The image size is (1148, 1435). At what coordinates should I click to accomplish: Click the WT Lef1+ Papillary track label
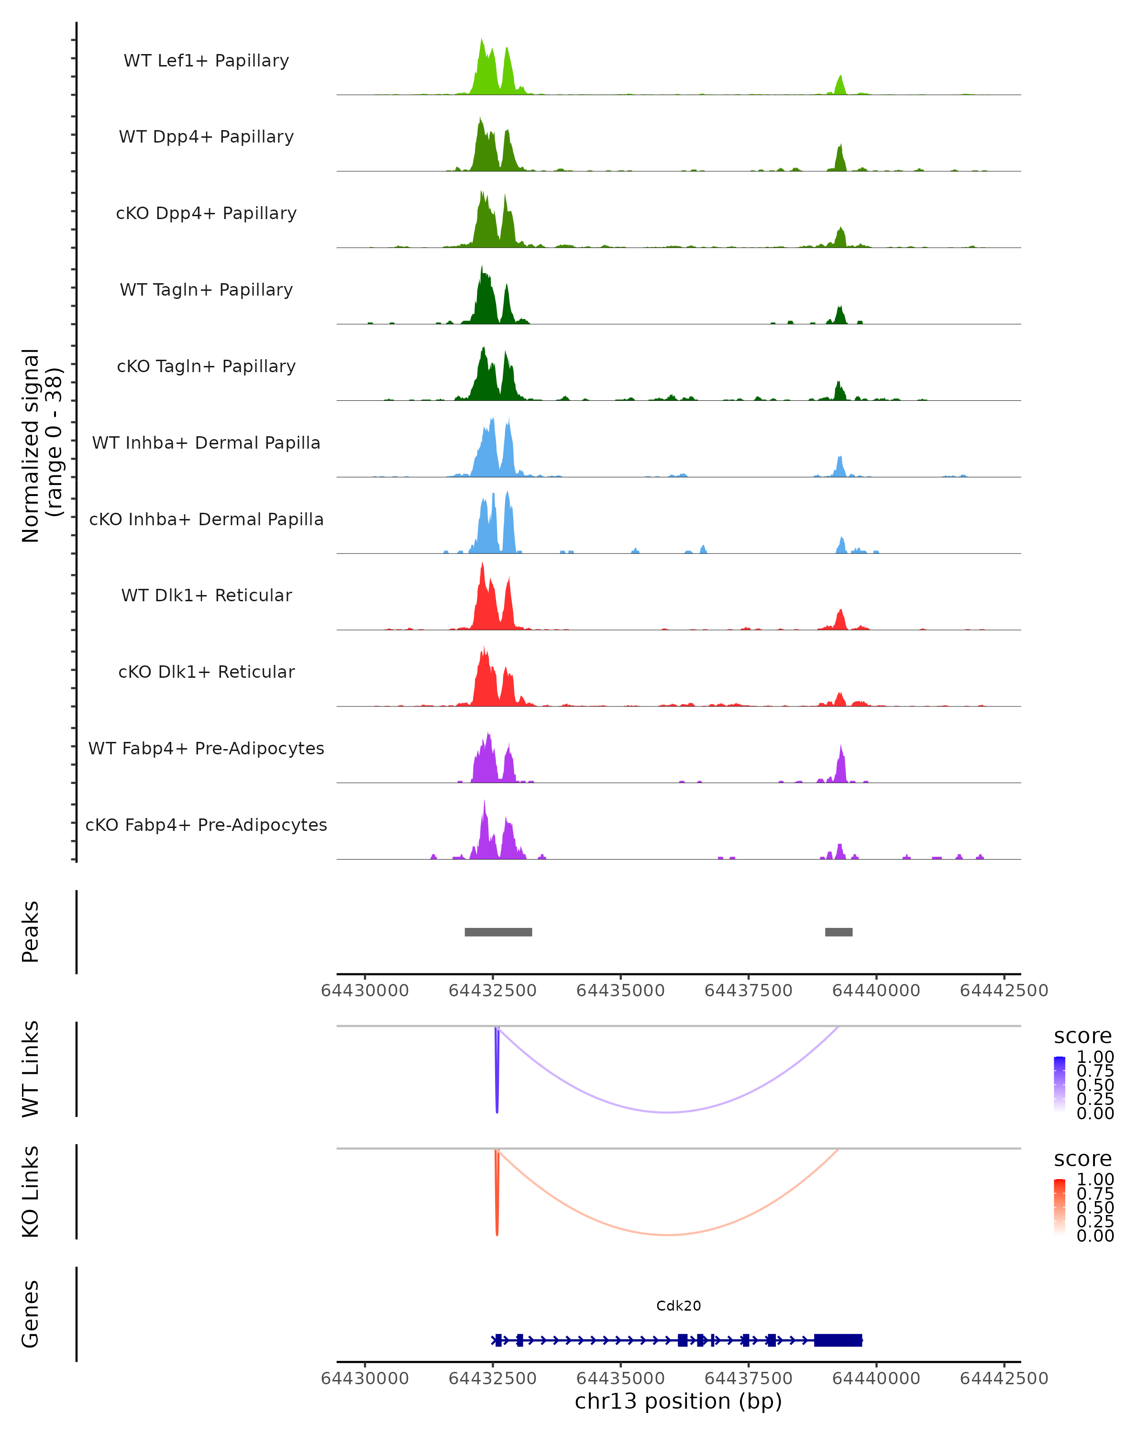(x=206, y=61)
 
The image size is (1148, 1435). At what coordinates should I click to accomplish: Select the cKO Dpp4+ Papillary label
(x=206, y=214)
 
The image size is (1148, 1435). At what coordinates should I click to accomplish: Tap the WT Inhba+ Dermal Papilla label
(x=206, y=443)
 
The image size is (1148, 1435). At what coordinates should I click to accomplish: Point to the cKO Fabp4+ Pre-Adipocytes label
(x=206, y=825)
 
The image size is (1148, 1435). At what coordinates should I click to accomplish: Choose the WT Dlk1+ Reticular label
(x=206, y=596)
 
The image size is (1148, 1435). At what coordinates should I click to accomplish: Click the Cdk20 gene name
(x=678, y=1306)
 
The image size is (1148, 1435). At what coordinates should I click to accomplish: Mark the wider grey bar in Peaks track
(x=498, y=932)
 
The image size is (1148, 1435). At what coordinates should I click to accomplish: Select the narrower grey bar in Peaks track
(x=839, y=932)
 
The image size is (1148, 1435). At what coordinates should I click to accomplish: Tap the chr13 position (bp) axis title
(x=678, y=1402)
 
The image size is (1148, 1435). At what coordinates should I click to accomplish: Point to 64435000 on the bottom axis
(x=620, y=1379)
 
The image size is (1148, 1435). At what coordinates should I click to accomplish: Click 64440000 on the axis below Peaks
(x=876, y=991)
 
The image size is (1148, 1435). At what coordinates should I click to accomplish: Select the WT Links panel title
(x=31, y=1069)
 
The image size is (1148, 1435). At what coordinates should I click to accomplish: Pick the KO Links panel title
(x=31, y=1192)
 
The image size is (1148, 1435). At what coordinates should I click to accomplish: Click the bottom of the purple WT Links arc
(x=667, y=1112)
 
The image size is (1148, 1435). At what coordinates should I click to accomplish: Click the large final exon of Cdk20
(x=838, y=1340)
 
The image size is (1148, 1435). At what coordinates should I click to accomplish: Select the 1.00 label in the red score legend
(x=1095, y=1180)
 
